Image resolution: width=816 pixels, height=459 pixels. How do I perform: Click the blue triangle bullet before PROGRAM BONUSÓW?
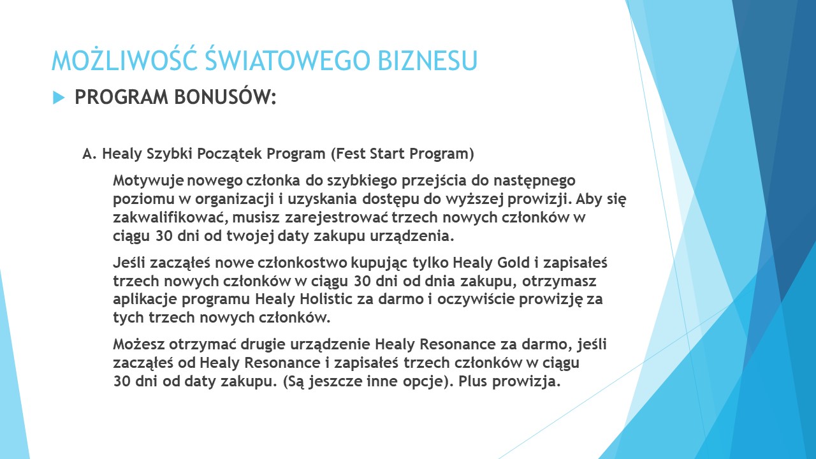[58, 98]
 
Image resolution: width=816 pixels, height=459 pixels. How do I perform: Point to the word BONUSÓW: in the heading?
[225, 97]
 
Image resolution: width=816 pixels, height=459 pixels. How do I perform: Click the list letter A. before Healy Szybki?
[89, 154]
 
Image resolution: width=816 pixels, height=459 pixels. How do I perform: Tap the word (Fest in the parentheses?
[348, 154]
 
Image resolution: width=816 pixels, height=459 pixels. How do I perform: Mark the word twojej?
[251, 236]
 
